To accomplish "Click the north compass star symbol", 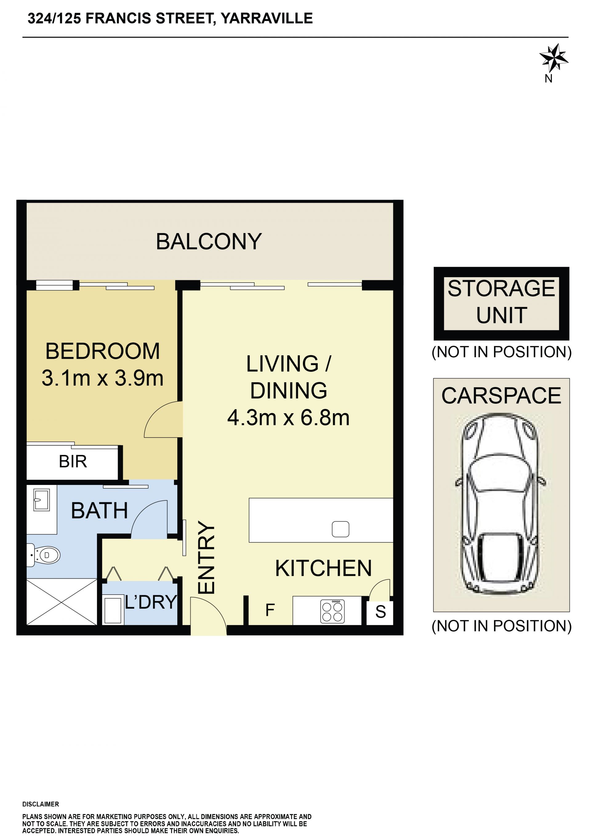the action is (x=553, y=58).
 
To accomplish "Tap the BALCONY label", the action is (x=209, y=241).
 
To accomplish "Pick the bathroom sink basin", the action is (x=42, y=499).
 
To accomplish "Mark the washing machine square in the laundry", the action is (x=113, y=610).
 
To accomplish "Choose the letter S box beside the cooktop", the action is (x=380, y=612).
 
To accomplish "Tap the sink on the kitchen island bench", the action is (x=341, y=529).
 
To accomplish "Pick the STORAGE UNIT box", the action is (x=501, y=304).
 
